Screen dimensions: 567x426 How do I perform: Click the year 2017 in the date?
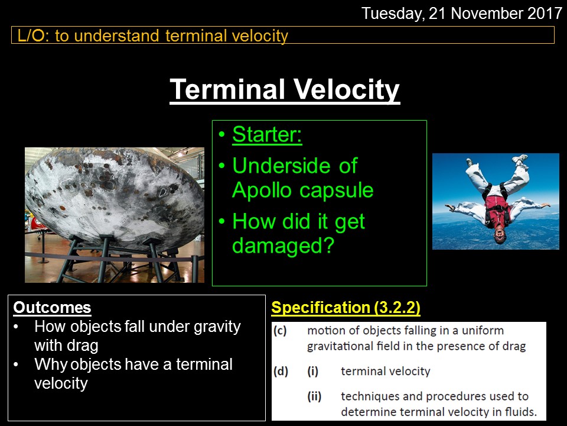545,14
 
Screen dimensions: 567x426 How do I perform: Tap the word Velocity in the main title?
346,89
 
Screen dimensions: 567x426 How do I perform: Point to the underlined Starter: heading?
267,134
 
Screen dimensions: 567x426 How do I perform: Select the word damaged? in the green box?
283,246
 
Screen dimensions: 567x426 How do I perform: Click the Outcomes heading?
52,307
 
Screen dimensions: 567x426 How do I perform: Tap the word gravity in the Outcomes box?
217,327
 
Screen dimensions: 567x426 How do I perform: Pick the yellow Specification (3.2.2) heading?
346,308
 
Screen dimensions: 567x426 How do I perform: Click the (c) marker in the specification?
280,330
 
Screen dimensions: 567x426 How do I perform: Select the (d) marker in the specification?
281,372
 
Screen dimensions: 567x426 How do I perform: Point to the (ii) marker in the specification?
314,396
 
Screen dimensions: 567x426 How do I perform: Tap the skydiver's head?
500,235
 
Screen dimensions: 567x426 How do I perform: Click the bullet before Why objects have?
15,364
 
